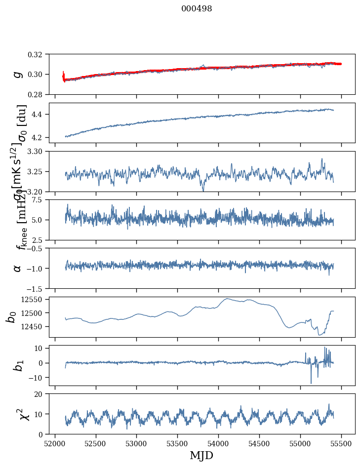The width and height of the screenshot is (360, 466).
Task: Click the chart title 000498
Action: coord(197,9)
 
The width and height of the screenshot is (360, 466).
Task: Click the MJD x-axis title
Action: coord(201,455)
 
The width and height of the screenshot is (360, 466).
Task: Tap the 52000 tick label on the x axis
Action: coord(55,443)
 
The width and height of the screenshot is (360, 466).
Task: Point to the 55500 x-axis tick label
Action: coord(341,443)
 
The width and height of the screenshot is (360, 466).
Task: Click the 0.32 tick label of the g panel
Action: coord(38,54)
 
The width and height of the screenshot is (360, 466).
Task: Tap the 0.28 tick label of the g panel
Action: coord(38,94)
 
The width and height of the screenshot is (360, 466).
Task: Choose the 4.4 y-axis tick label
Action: coord(40,115)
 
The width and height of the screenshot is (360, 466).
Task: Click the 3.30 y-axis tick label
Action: coord(38,151)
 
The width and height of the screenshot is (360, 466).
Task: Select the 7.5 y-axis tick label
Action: coord(40,199)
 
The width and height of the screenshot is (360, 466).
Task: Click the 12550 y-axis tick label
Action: coord(34,300)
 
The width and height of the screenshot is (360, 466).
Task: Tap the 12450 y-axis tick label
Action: coord(34,327)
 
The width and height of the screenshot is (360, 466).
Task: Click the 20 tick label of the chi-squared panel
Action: coord(41,394)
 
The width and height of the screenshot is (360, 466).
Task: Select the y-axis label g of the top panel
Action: coord(17,74)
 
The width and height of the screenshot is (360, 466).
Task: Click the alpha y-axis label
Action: coord(17,268)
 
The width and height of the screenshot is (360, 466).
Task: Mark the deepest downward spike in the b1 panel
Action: coord(311,383)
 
